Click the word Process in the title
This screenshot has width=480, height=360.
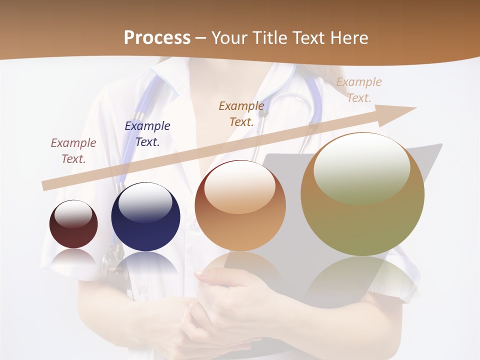pos(157,38)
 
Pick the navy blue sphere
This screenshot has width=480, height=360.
pos(145,217)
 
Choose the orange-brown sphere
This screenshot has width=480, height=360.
pos(240,206)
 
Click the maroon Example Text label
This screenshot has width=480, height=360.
pos(73,151)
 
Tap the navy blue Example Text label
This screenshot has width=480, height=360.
pos(147,134)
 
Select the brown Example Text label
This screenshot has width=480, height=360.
pos(241,113)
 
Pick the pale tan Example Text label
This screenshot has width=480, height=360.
pos(359,90)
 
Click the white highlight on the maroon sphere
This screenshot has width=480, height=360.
pos(73,214)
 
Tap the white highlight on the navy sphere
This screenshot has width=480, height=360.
pos(145,204)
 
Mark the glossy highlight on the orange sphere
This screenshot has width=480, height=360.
pos(240,187)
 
